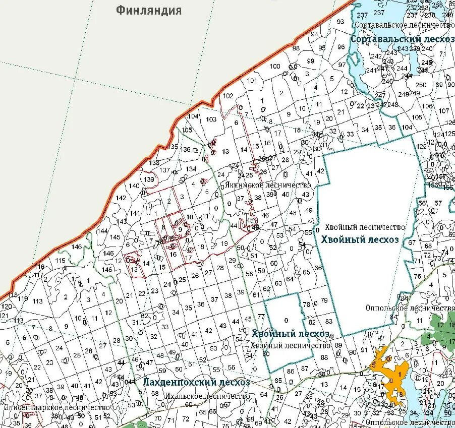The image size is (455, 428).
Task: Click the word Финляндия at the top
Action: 148,10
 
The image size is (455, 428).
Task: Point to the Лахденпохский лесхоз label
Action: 196,382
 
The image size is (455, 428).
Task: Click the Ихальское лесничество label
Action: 207,396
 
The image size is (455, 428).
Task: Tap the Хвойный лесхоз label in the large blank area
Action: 359,239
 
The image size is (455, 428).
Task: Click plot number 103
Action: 211,119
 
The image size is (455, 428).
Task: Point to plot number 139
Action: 148,179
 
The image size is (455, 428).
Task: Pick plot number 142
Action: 121,198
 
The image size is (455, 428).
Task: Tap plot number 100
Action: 274,67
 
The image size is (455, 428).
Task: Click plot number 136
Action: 186,149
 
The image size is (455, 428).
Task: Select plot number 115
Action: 61,261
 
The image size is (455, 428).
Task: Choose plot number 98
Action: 296,48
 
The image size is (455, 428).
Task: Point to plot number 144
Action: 102,231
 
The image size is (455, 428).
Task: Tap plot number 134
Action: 191,169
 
